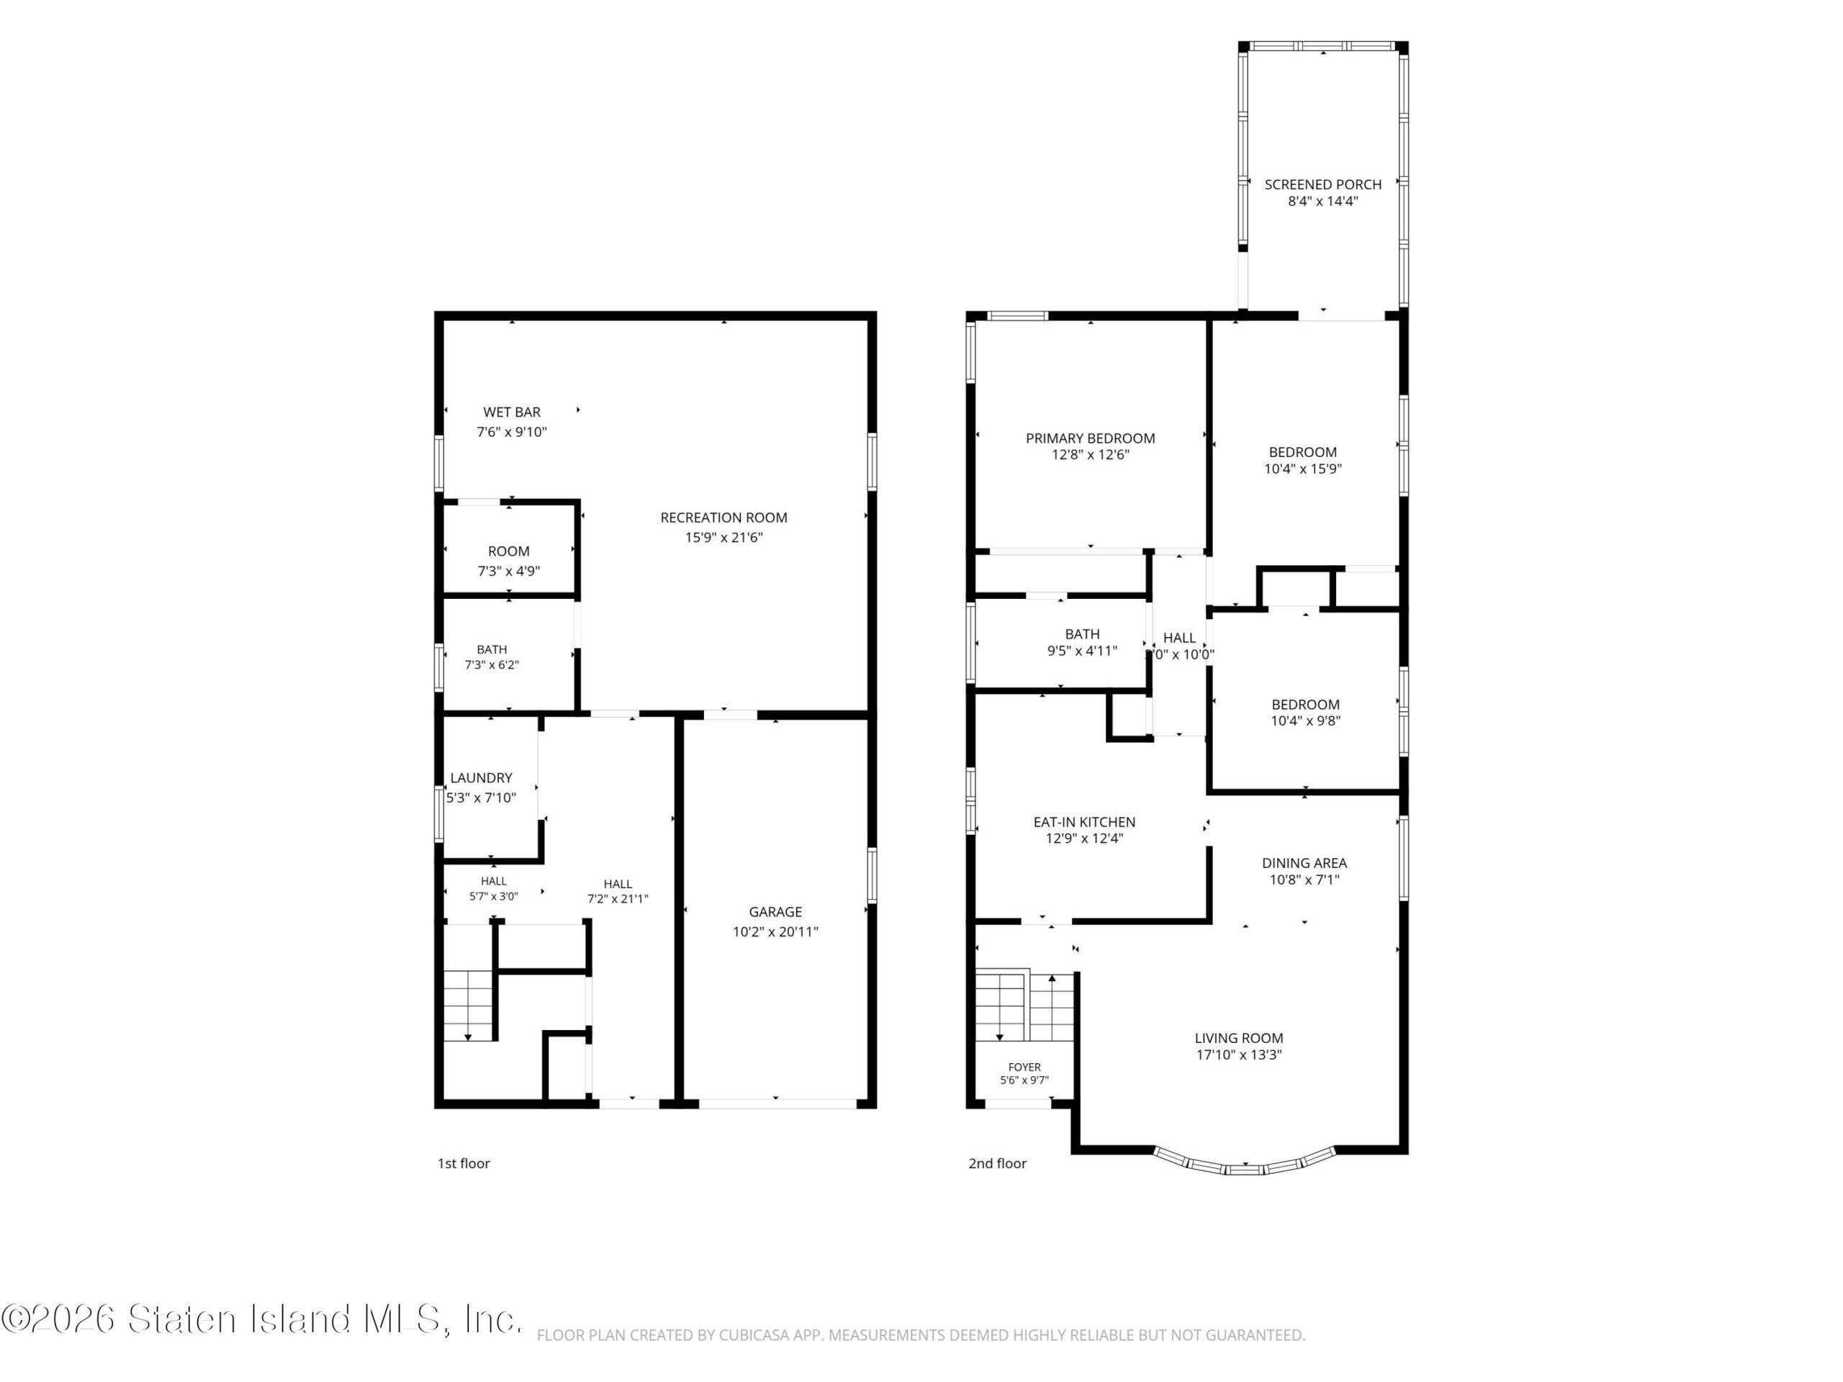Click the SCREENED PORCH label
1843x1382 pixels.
pyautogui.click(x=1322, y=184)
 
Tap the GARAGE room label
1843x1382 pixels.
pyautogui.click(x=775, y=911)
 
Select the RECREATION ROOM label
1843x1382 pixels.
pyautogui.click(x=724, y=518)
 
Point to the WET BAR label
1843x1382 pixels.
pyautogui.click(x=512, y=412)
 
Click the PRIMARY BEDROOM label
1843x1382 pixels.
pyautogui.click(x=1090, y=438)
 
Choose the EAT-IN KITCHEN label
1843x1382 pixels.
pyautogui.click(x=1084, y=821)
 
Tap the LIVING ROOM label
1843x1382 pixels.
pyautogui.click(x=1239, y=1038)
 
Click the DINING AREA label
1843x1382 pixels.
pyautogui.click(x=1304, y=863)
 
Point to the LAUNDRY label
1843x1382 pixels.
pyautogui.click(x=481, y=777)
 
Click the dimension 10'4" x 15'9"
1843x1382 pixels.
pyautogui.click(x=1302, y=468)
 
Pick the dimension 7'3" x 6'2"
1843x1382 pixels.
pyautogui.click(x=492, y=665)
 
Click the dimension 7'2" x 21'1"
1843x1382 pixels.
pyautogui.click(x=618, y=898)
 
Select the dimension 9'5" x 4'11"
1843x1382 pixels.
pyautogui.click(x=1081, y=651)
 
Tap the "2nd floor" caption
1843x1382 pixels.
pyautogui.click(x=997, y=1163)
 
